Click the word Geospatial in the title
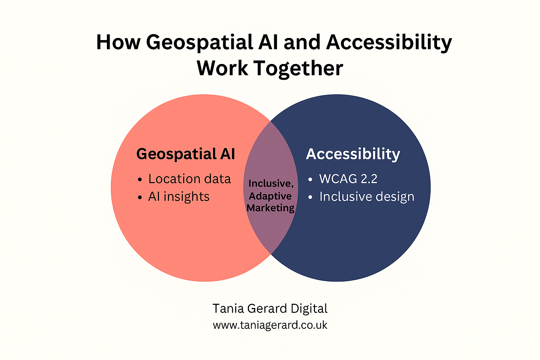[199, 42]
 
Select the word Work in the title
[222, 68]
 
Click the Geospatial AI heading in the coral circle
[186, 154]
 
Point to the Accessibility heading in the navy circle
[353, 154]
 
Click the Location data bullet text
[189, 179]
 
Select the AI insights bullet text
[179, 197]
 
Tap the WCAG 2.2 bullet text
[348, 179]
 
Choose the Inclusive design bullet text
[367, 197]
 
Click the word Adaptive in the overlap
[270, 196]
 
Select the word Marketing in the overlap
[270, 208]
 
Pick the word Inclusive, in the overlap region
[271, 184]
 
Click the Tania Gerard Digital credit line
[270, 309]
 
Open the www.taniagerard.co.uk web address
[270, 325]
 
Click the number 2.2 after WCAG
[369, 179]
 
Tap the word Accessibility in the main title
[389, 42]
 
